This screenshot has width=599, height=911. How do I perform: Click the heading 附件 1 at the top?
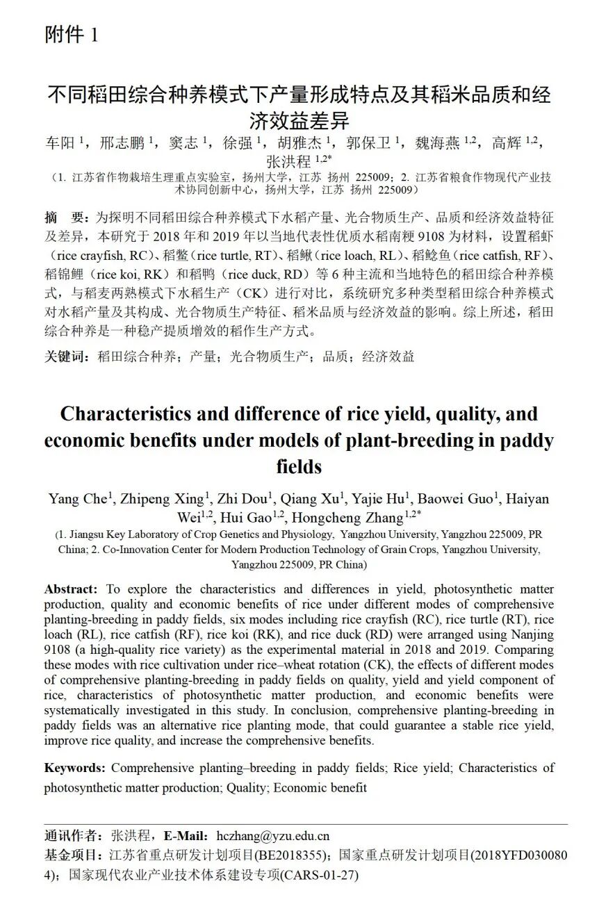[x=72, y=35]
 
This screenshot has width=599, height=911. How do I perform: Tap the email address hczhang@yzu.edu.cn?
[x=272, y=836]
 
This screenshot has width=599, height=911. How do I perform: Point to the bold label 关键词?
[x=66, y=356]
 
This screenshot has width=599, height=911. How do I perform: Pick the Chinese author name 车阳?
[x=60, y=143]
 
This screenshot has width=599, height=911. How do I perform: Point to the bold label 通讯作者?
[x=71, y=836]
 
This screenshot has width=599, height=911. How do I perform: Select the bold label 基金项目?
[x=71, y=854]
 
